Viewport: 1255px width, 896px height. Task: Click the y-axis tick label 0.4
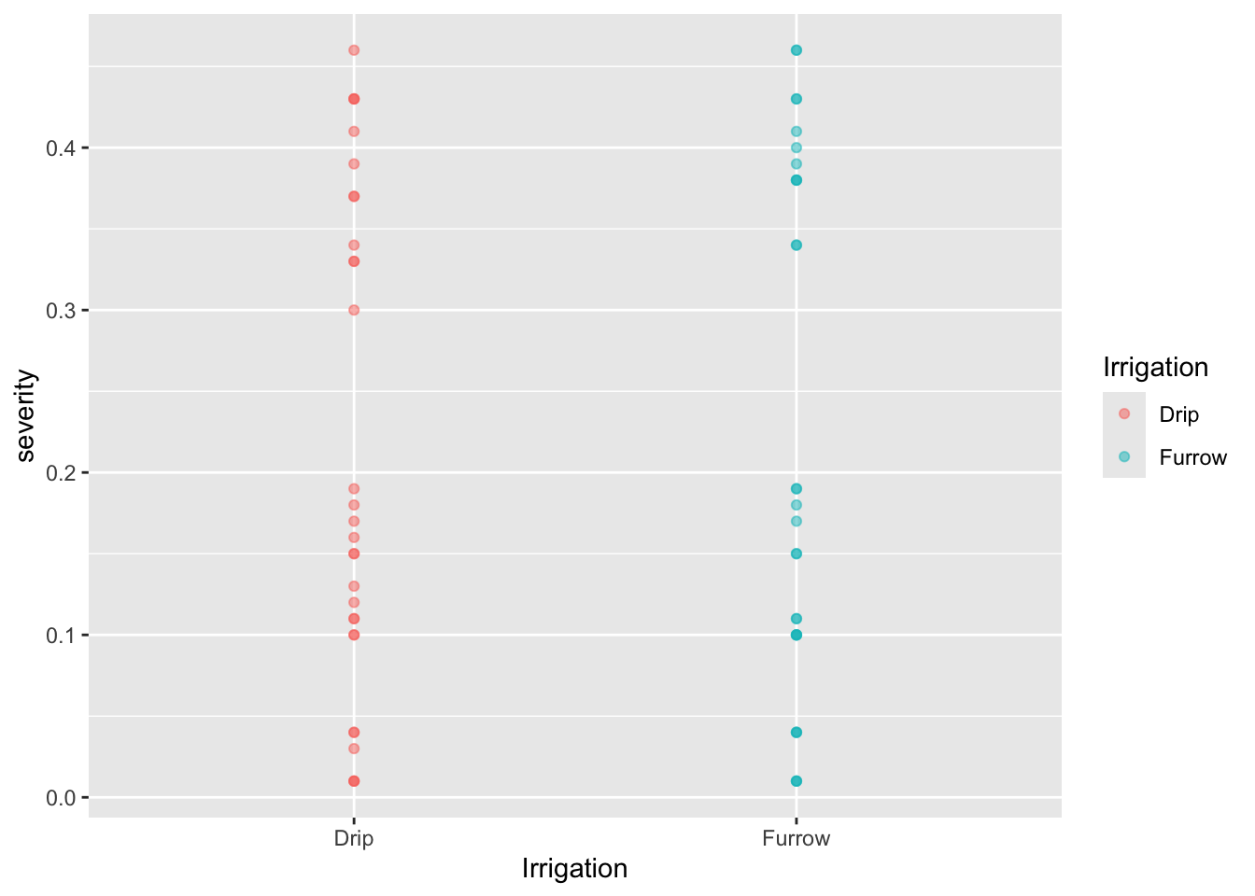[62, 147]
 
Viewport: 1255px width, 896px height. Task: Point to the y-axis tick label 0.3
[62, 310]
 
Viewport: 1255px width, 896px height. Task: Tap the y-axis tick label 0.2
[62, 472]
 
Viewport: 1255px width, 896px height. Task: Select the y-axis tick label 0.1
[62, 635]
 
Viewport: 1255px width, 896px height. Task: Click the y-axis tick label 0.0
[62, 797]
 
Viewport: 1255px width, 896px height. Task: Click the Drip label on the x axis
[354, 838]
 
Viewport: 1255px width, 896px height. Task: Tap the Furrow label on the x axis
[796, 838]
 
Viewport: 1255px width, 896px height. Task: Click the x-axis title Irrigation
[574, 869]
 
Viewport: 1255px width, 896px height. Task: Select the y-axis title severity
[26, 415]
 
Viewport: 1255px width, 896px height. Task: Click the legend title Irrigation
[1155, 368]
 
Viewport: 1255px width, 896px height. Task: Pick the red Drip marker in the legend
[1124, 413]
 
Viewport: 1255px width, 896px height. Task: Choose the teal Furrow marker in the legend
[1124, 456]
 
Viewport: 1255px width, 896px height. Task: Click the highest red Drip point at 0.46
[354, 50]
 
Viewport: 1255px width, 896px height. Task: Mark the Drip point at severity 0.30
[354, 310]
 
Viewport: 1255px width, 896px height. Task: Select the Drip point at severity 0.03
[354, 749]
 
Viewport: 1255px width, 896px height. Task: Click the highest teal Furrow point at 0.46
[797, 50]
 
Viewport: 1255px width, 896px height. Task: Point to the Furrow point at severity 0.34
[797, 245]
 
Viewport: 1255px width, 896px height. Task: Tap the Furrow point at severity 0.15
[797, 553]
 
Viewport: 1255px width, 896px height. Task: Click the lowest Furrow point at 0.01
[797, 781]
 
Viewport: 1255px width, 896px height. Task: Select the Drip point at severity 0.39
[354, 164]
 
